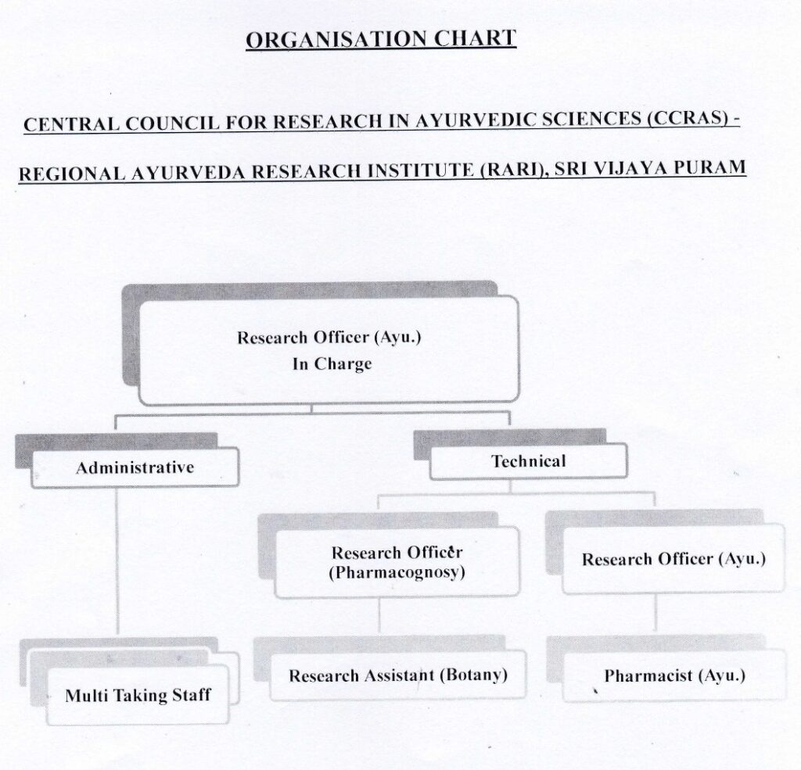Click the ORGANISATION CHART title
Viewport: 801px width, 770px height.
pos(381,38)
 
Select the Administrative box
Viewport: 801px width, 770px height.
pos(135,467)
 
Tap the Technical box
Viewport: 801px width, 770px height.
pos(528,461)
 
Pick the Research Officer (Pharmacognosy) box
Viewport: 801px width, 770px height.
pos(397,562)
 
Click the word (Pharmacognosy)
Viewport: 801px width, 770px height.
pos(397,572)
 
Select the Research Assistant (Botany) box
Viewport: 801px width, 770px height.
pos(397,675)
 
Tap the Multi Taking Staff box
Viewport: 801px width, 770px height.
pos(138,695)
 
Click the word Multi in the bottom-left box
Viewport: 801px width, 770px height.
pos(86,695)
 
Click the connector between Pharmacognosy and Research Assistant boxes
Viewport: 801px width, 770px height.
pos(379,616)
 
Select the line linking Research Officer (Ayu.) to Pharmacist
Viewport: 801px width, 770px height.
pos(656,614)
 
